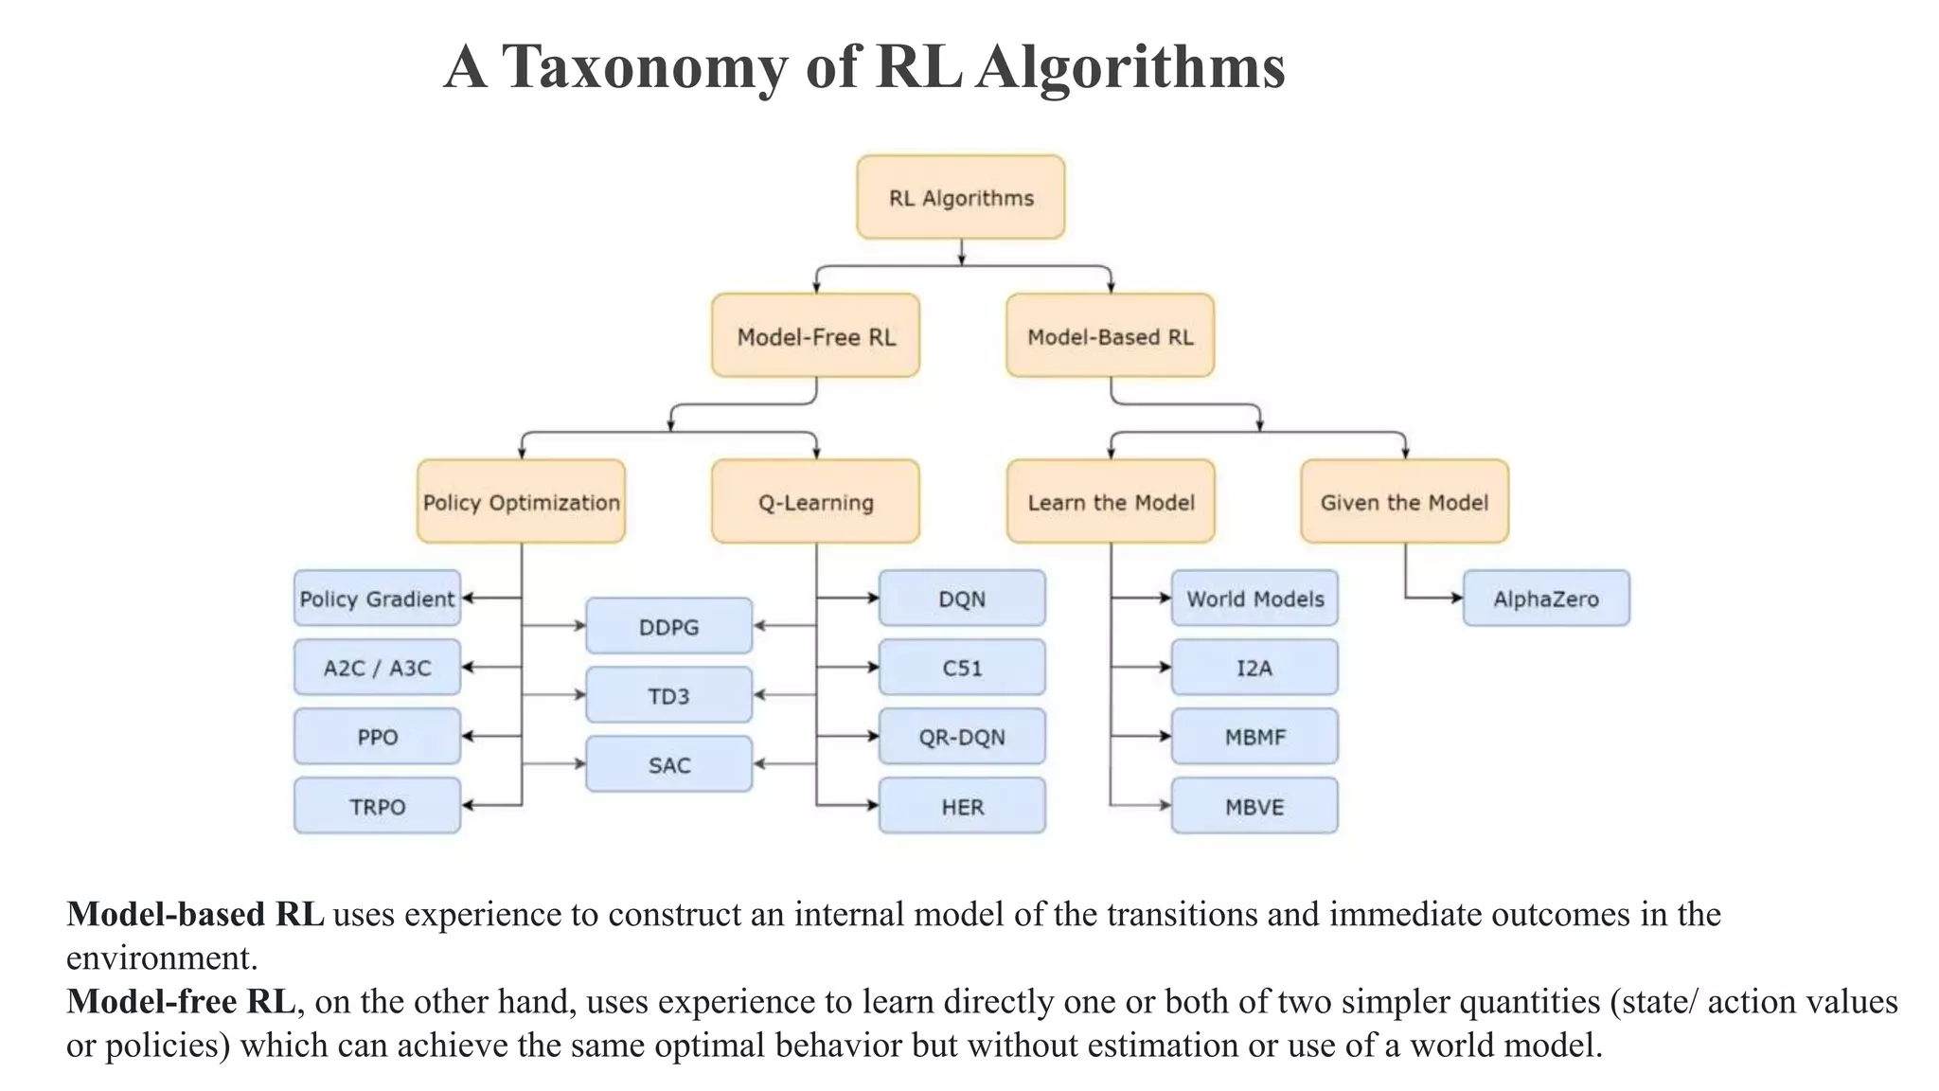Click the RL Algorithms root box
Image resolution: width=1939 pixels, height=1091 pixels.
[960, 197]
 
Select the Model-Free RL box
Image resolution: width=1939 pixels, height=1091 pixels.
[815, 335]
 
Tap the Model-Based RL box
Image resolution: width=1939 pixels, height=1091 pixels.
[1110, 335]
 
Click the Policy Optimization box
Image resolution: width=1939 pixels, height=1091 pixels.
[521, 501]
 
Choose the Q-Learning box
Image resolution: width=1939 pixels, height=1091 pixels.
[815, 501]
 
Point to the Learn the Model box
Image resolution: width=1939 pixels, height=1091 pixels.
[1111, 501]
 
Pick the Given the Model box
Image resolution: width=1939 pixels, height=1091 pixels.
[1404, 501]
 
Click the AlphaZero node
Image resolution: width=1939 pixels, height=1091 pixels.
[1546, 598]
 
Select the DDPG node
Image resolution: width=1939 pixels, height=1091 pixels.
[668, 626]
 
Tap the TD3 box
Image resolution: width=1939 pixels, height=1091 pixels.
[668, 695]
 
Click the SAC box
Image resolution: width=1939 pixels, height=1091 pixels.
[668, 764]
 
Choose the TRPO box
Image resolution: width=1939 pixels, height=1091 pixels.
[377, 806]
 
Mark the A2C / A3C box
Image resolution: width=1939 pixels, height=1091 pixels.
[377, 667]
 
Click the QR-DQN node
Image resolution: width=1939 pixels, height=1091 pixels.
[962, 736]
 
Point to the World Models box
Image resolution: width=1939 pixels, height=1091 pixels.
[1254, 598]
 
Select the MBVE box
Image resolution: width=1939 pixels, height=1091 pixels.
[1254, 806]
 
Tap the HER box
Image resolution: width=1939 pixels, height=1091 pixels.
[962, 806]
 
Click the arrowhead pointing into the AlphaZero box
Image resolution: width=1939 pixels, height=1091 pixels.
[1457, 598]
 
